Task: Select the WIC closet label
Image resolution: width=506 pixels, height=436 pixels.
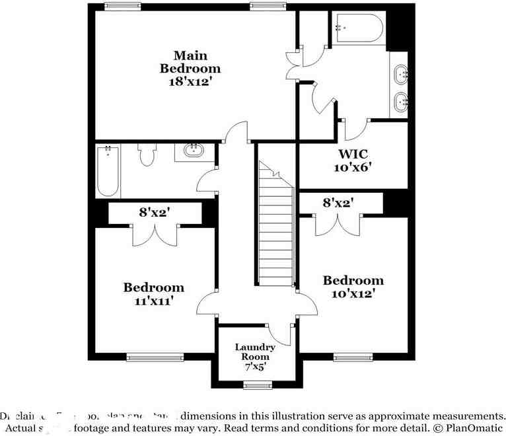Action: coord(353,154)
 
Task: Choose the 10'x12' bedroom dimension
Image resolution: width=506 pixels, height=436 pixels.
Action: coord(353,293)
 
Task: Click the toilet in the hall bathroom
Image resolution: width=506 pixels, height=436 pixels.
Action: coord(147,156)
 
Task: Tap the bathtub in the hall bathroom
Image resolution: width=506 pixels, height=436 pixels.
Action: coord(108,171)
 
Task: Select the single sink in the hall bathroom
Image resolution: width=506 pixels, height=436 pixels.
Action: coord(194,151)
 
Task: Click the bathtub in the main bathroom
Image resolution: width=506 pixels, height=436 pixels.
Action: coord(357,28)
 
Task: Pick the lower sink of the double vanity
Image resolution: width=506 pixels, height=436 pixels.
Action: coord(400,101)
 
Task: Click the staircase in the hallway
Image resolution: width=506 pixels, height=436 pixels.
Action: coord(275,225)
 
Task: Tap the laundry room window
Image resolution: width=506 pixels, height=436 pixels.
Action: coord(257,385)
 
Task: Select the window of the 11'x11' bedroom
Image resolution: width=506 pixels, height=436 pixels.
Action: coord(146,358)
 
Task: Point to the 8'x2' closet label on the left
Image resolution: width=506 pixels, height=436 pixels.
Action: coord(155,212)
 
